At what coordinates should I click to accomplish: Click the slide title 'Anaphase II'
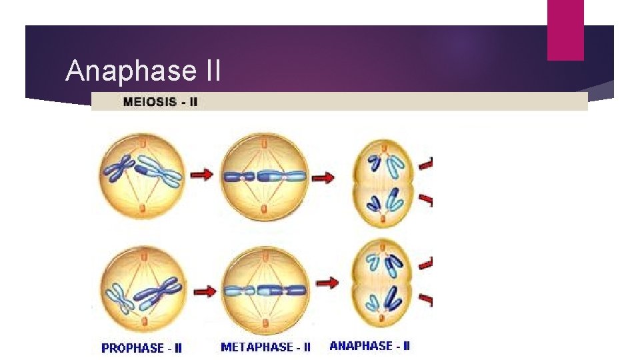(143, 71)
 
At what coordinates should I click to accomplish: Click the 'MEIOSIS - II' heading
(160, 102)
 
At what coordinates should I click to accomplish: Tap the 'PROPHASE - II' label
(141, 347)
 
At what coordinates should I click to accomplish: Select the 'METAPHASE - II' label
(265, 347)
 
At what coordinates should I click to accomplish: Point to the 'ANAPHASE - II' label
(370, 345)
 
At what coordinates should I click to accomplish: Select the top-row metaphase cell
(265, 176)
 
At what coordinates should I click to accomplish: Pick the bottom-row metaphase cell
(265, 289)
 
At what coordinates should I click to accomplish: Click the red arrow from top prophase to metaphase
(201, 175)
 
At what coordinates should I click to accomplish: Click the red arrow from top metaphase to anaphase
(325, 178)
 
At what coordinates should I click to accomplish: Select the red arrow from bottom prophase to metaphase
(203, 291)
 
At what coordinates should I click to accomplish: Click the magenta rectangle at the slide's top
(565, 29)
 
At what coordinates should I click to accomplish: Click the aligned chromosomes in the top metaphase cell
(265, 177)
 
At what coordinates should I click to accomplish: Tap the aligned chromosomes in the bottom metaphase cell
(265, 291)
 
